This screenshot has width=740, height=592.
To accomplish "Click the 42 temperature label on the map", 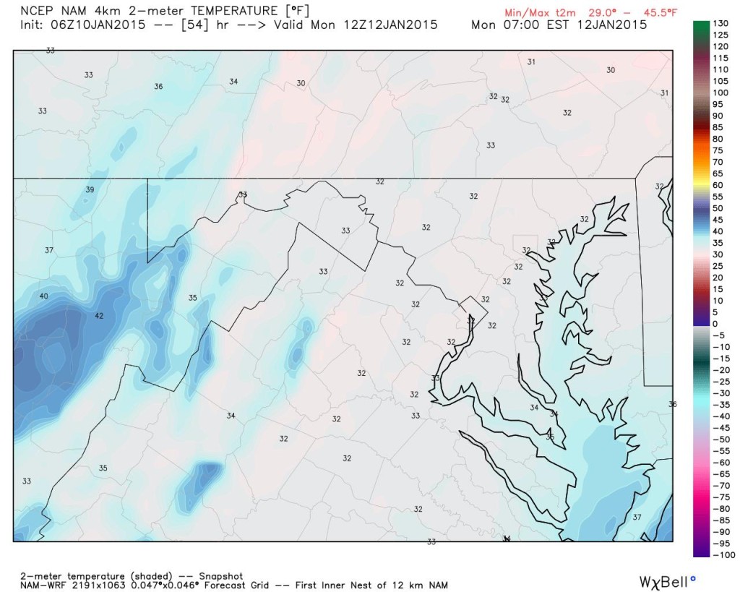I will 99,316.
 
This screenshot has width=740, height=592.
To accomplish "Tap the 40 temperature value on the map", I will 43,296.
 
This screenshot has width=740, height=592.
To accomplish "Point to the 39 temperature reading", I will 90,189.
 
